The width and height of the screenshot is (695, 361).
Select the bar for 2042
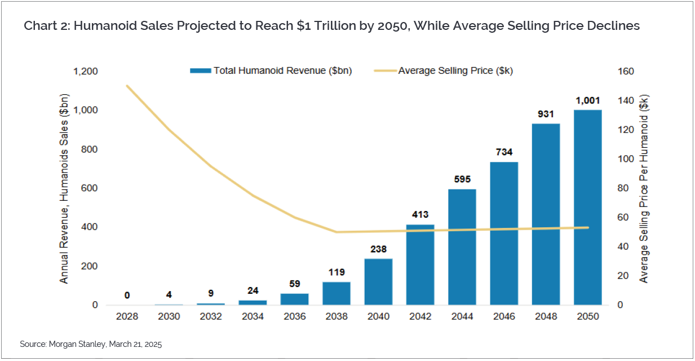[420, 265]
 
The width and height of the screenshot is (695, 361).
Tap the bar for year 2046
[504, 234]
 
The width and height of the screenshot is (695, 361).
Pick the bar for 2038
[337, 293]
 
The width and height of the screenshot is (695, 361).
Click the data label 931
[546, 114]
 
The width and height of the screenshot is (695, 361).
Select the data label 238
[378, 249]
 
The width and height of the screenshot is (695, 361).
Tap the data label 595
[462, 179]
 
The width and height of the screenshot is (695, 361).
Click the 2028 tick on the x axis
[127, 317]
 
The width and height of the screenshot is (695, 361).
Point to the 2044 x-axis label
[462, 317]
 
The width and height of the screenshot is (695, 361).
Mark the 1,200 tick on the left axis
[86, 72]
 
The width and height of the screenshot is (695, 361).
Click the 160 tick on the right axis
[627, 72]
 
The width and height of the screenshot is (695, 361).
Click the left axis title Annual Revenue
[64, 189]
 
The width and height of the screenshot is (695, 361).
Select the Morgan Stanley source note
[90, 344]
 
